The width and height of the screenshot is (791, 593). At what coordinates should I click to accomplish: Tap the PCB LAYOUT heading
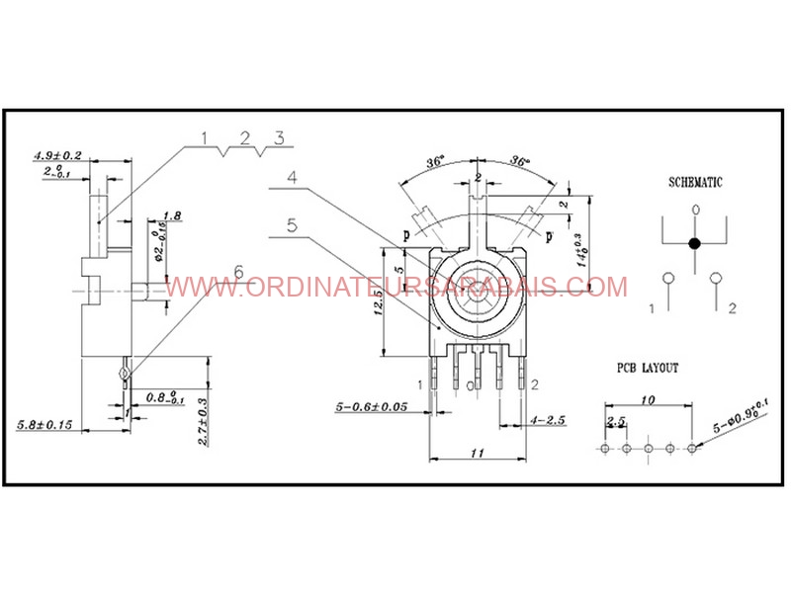pyautogui.click(x=648, y=368)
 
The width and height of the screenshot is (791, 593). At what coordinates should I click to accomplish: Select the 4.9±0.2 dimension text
pyautogui.click(x=58, y=156)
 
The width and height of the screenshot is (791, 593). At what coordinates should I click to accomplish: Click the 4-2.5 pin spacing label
pyautogui.click(x=546, y=421)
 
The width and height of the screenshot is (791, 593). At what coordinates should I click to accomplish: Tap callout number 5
pyautogui.click(x=292, y=224)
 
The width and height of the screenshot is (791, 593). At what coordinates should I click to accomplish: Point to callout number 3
pyautogui.click(x=279, y=138)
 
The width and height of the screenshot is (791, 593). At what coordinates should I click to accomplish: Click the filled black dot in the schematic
pyautogui.click(x=695, y=242)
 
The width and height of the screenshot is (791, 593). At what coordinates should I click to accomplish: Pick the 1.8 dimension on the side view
pyautogui.click(x=171, y=215)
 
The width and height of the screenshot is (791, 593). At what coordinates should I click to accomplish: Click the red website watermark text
pyautogui.click(x=395, y=287)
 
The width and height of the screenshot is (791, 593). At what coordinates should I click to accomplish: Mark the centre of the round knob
pyautogui.click(x=477, y=296)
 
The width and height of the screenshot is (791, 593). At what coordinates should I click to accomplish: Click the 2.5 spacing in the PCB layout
pyautogui.click(x=616, y=422)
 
